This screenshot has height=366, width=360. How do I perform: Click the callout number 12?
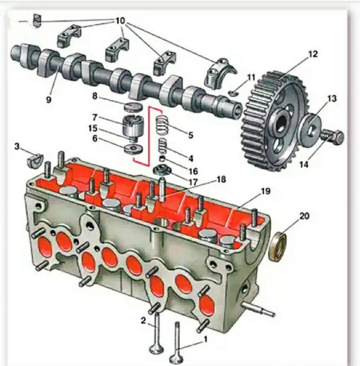(312, 54)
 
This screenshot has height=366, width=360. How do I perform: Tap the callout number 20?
(304, 216)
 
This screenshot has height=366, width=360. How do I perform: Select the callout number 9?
(48, 99)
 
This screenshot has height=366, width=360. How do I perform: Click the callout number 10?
(120, 21)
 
